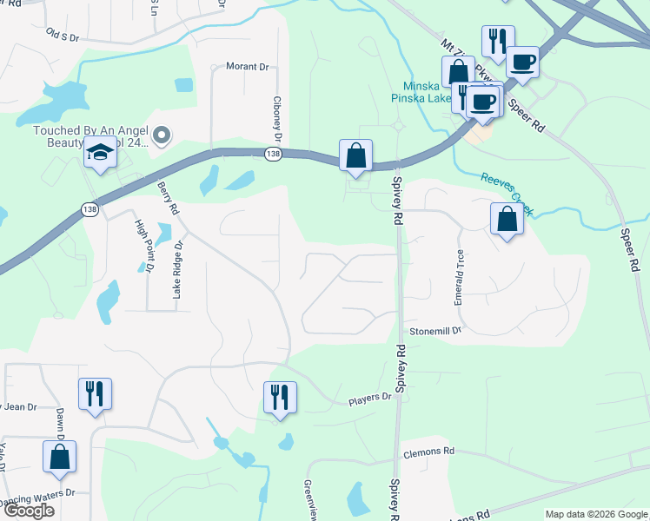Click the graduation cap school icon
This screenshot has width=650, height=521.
pyautogui.click(x=101, y=153)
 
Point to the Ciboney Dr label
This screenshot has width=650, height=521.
pyautogui.click(x=278, y=119)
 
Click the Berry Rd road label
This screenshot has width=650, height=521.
pyautogui.click(x=168, y=196)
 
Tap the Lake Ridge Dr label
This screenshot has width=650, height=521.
pyautogui.click(x=177, y=276)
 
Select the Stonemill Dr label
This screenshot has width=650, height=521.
pyautogui.click(x=435, y=331)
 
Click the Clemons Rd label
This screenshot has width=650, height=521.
pyautogui.click(x=428, y=452)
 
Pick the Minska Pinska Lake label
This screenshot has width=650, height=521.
pyautogui.click(x=428, y=92)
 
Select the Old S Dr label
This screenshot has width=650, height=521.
pyautogui.click(x=63, y=36)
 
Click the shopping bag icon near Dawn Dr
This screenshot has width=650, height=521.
pyautogui.click(x=59, y=457)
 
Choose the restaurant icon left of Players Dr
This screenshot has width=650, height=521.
pyautogui.click(x=280, y=398)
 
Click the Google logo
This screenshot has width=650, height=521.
pyautogui.click(x=28, y=511)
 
